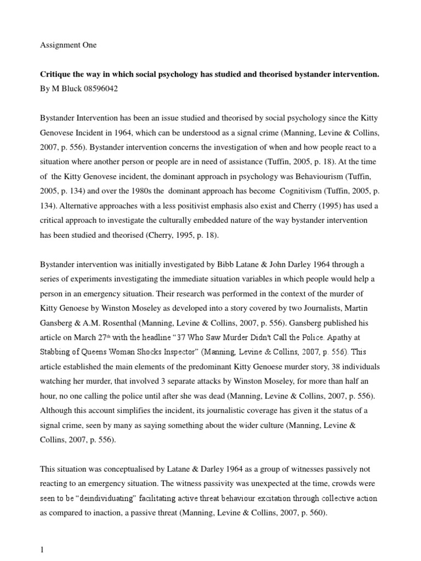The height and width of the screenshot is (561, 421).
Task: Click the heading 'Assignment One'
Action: click(x=68, y=45)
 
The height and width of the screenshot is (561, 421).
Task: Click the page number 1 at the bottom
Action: click(x=42, y=548)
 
